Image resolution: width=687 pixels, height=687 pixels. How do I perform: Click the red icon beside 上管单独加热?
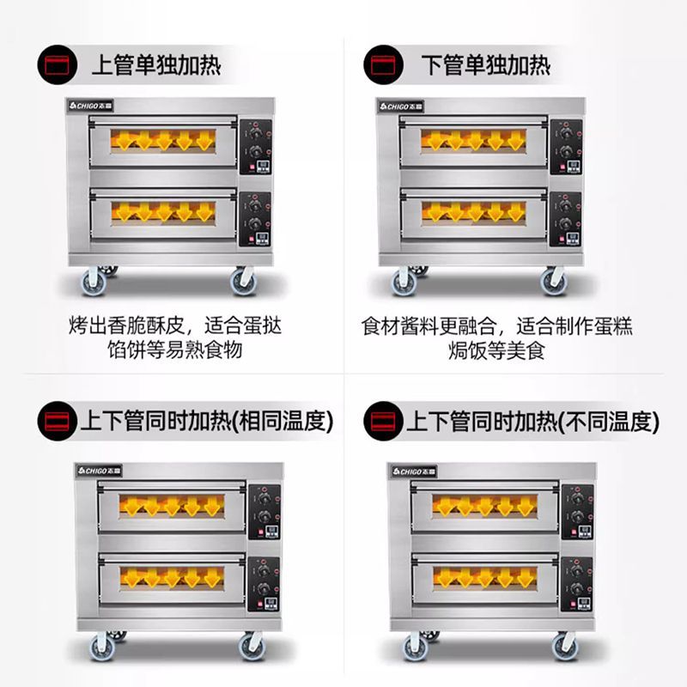(x=55, y=64)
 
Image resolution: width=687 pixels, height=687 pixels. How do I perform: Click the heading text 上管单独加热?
(x=155, y=65)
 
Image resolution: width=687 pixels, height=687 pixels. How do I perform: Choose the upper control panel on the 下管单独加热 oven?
(x=564, y=142)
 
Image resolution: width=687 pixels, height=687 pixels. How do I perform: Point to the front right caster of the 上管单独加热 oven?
(x=243, y=280)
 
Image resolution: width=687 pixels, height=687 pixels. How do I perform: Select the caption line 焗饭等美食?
(x=496, y=350)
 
